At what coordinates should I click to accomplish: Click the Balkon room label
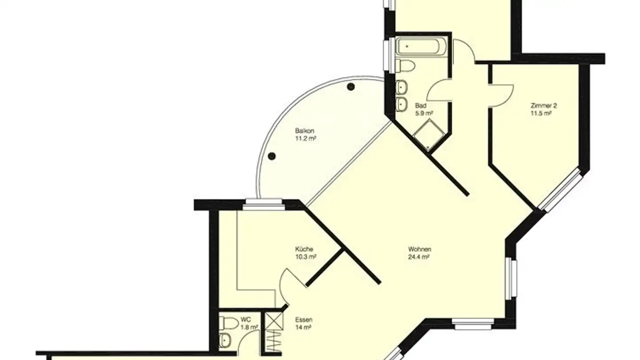pos(305,131)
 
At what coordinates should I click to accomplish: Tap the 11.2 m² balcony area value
pos(306,139)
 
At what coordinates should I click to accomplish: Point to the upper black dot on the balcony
pos(351,87)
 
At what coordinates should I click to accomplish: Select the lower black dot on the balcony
pos(272,156)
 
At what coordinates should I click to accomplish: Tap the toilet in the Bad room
pos(405,65)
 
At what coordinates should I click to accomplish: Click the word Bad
pos(420,106)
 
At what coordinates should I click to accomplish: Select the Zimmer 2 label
pos(544,106)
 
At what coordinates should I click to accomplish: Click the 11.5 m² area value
pos(541,113)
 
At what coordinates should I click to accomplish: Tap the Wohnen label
pos(420,249)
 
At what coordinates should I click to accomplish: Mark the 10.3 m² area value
pos(306,256)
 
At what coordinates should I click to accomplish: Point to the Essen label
pos(304,320)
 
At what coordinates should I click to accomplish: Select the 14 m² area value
pos(303,327)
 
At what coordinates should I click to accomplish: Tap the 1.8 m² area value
pos(249,327)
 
